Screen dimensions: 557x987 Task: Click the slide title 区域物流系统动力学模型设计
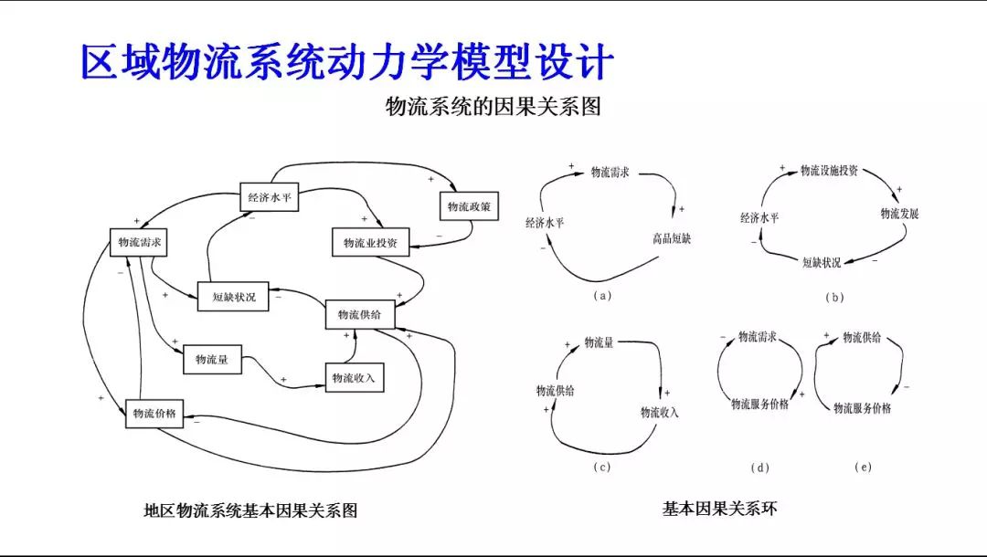347,62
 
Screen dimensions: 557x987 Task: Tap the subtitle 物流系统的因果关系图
493,107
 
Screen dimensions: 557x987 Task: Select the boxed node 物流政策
471,207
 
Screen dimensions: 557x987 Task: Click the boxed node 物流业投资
370,243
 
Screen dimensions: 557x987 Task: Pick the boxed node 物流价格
154,413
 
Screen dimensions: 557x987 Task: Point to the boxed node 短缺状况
234,296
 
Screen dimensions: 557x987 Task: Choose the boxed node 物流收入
354,377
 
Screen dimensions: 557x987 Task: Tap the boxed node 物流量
212,360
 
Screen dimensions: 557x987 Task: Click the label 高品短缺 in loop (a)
672,239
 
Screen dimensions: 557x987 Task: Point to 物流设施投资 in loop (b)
829,171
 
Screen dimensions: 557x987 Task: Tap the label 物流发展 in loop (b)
899,214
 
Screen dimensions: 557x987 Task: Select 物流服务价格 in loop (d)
759,404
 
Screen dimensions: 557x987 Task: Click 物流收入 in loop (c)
660,413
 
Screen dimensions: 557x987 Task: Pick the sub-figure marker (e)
863,467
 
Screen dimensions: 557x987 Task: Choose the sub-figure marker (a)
601,295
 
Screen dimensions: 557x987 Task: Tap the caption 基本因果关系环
720,509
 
